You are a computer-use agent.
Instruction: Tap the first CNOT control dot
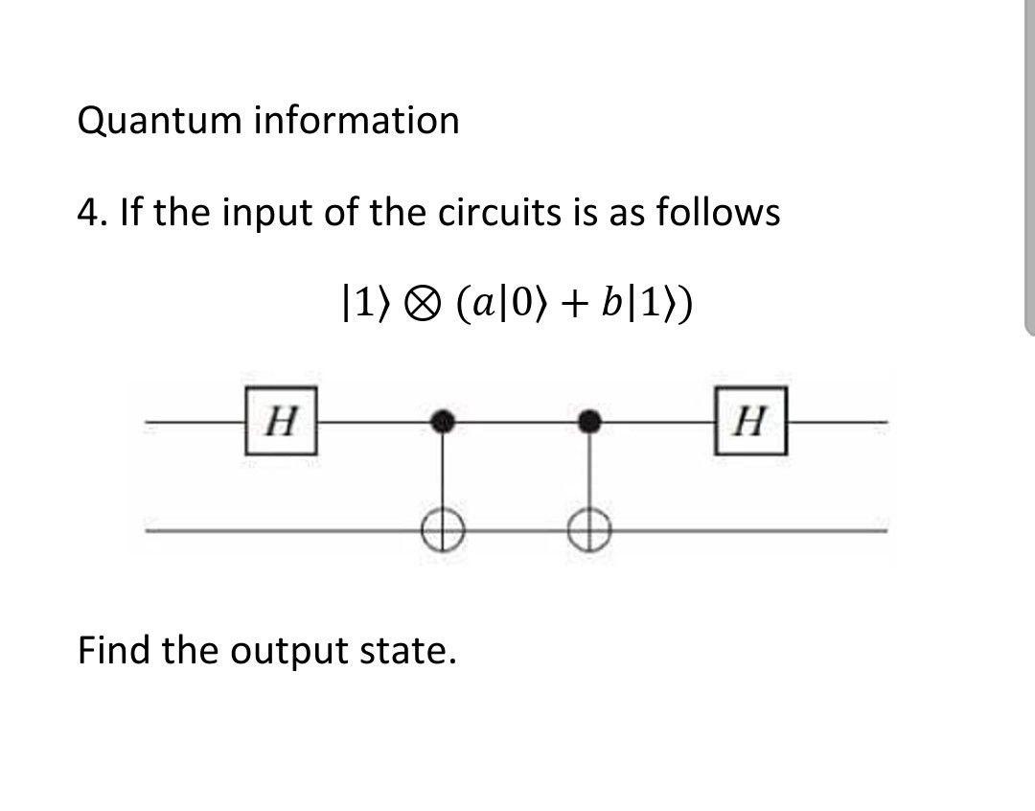pyautogui.click(x=442, y=421)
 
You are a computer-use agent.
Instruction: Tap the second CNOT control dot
pyautogui.click(x=590, y=421)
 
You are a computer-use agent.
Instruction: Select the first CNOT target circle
pyautogui.click(x=442, y=529)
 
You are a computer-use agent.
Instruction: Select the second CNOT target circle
pyautogui.click(x=590, y=529)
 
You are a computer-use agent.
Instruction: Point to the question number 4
pyautogui.click(x=87, y=213)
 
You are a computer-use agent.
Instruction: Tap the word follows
pyautogui.click(x=718, y=213)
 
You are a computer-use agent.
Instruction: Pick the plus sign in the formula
pyautogui.click(x=573, y=305)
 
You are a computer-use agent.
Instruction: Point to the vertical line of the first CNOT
pyautogui.click(x=442, y=475)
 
